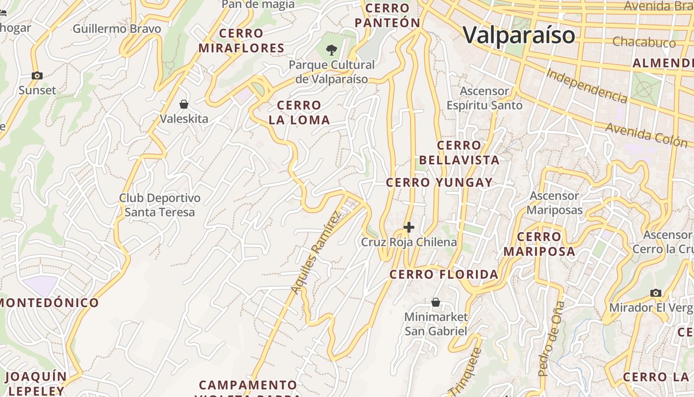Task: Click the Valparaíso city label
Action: [x=519, y=35]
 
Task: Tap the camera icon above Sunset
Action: [x=37, y=76]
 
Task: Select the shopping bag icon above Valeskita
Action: [x=184, y=104]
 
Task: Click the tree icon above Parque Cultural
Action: [x=332, y=50]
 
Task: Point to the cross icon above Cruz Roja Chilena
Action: [x=409, y=227]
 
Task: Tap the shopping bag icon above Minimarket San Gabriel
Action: [x=436, y=302]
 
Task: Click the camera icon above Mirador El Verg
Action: [x=656, y=293]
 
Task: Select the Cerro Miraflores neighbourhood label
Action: [x=241, y=41]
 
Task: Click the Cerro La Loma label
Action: [x=299, y=113]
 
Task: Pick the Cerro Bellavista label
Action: [x=459, y=152]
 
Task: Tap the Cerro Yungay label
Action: [x=439, y=183]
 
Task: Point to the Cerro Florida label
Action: [x=444, y=274]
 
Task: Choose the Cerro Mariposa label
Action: [x=539, y=244]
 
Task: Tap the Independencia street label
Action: [x=586, y=86]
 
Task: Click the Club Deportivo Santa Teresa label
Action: [x=160, y=205]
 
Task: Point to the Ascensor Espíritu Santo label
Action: [x=484, y=98]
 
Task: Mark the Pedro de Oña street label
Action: [x=551, y=338]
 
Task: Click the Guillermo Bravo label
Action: [x=117, y=29]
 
